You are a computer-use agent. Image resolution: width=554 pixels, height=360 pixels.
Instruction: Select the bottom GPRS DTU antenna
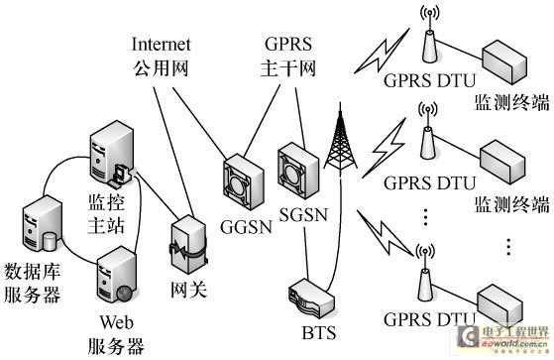pyautogui.click(x=427, y=279)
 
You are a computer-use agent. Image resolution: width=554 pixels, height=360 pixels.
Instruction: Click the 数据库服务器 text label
pyautogui.click(x=46, y=283)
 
